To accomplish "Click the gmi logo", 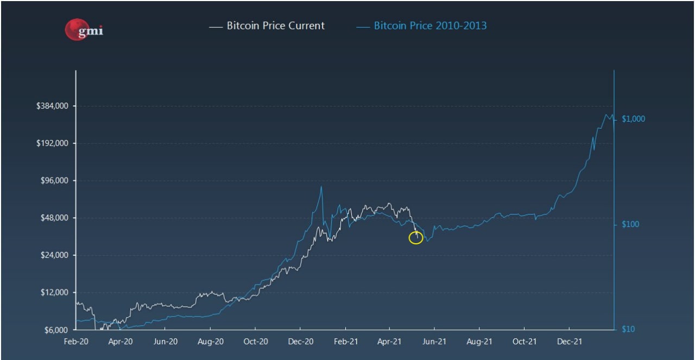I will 84,30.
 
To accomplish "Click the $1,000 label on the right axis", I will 633,119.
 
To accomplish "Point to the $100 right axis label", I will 631,224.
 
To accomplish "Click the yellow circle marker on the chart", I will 415,237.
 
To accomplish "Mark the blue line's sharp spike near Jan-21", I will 321,187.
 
